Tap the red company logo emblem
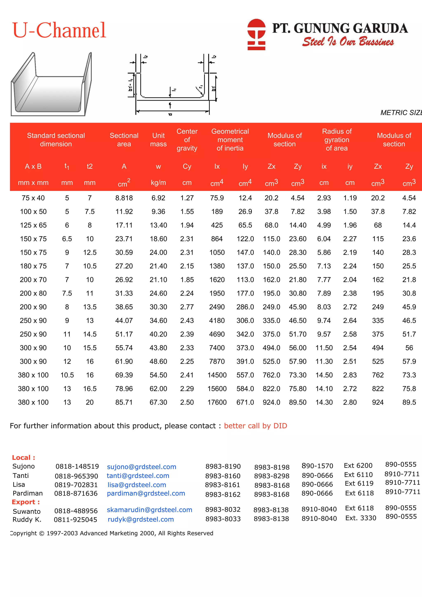tap(256, 34)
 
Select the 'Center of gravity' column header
tap(187, 140)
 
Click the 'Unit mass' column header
tap(158, 140)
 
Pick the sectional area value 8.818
tap(124, 198)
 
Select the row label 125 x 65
tap(33, 225)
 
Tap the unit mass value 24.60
tap(158, 293)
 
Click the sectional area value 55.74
tap(124, 348)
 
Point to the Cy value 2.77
tap(187, 307)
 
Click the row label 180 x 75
tap(33, 266)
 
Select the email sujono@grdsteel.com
tap(141, 467)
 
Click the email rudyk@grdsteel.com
tap(141, 519)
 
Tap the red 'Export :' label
tap(26, 502)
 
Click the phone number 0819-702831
tap(76, 485)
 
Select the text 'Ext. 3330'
tap(360, 518)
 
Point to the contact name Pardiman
tap(28, 493)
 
